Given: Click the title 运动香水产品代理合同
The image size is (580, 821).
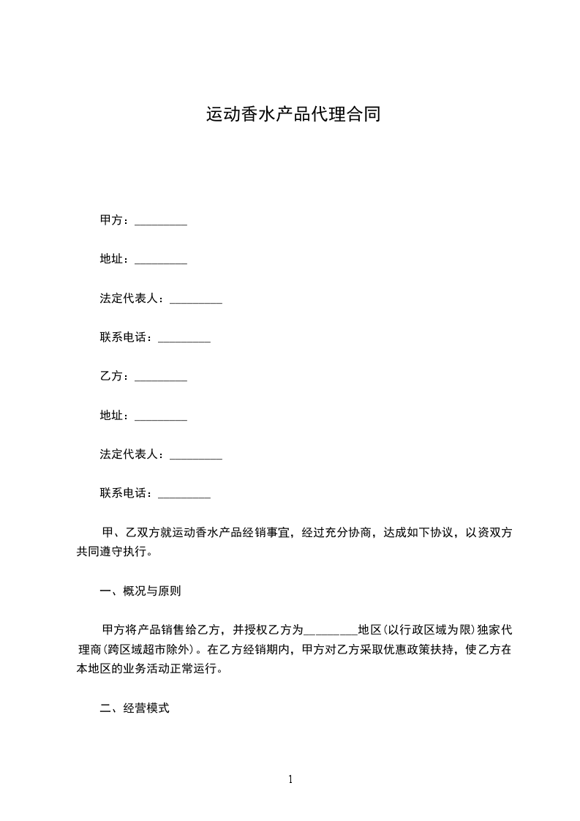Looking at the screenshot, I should coord(293,115).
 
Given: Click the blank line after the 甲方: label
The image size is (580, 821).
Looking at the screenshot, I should coord(161,222).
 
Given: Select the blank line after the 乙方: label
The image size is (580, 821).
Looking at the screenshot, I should coord(161,378).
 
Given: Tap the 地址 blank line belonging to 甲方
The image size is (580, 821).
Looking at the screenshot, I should coord(161,260).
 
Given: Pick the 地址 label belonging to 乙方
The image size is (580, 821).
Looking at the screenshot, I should coord(114,416).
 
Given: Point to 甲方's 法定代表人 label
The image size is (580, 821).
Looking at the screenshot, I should coord(132,299).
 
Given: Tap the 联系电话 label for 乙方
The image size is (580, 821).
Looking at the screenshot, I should coord(126,493).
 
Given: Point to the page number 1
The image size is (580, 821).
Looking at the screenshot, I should coord(290,779).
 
